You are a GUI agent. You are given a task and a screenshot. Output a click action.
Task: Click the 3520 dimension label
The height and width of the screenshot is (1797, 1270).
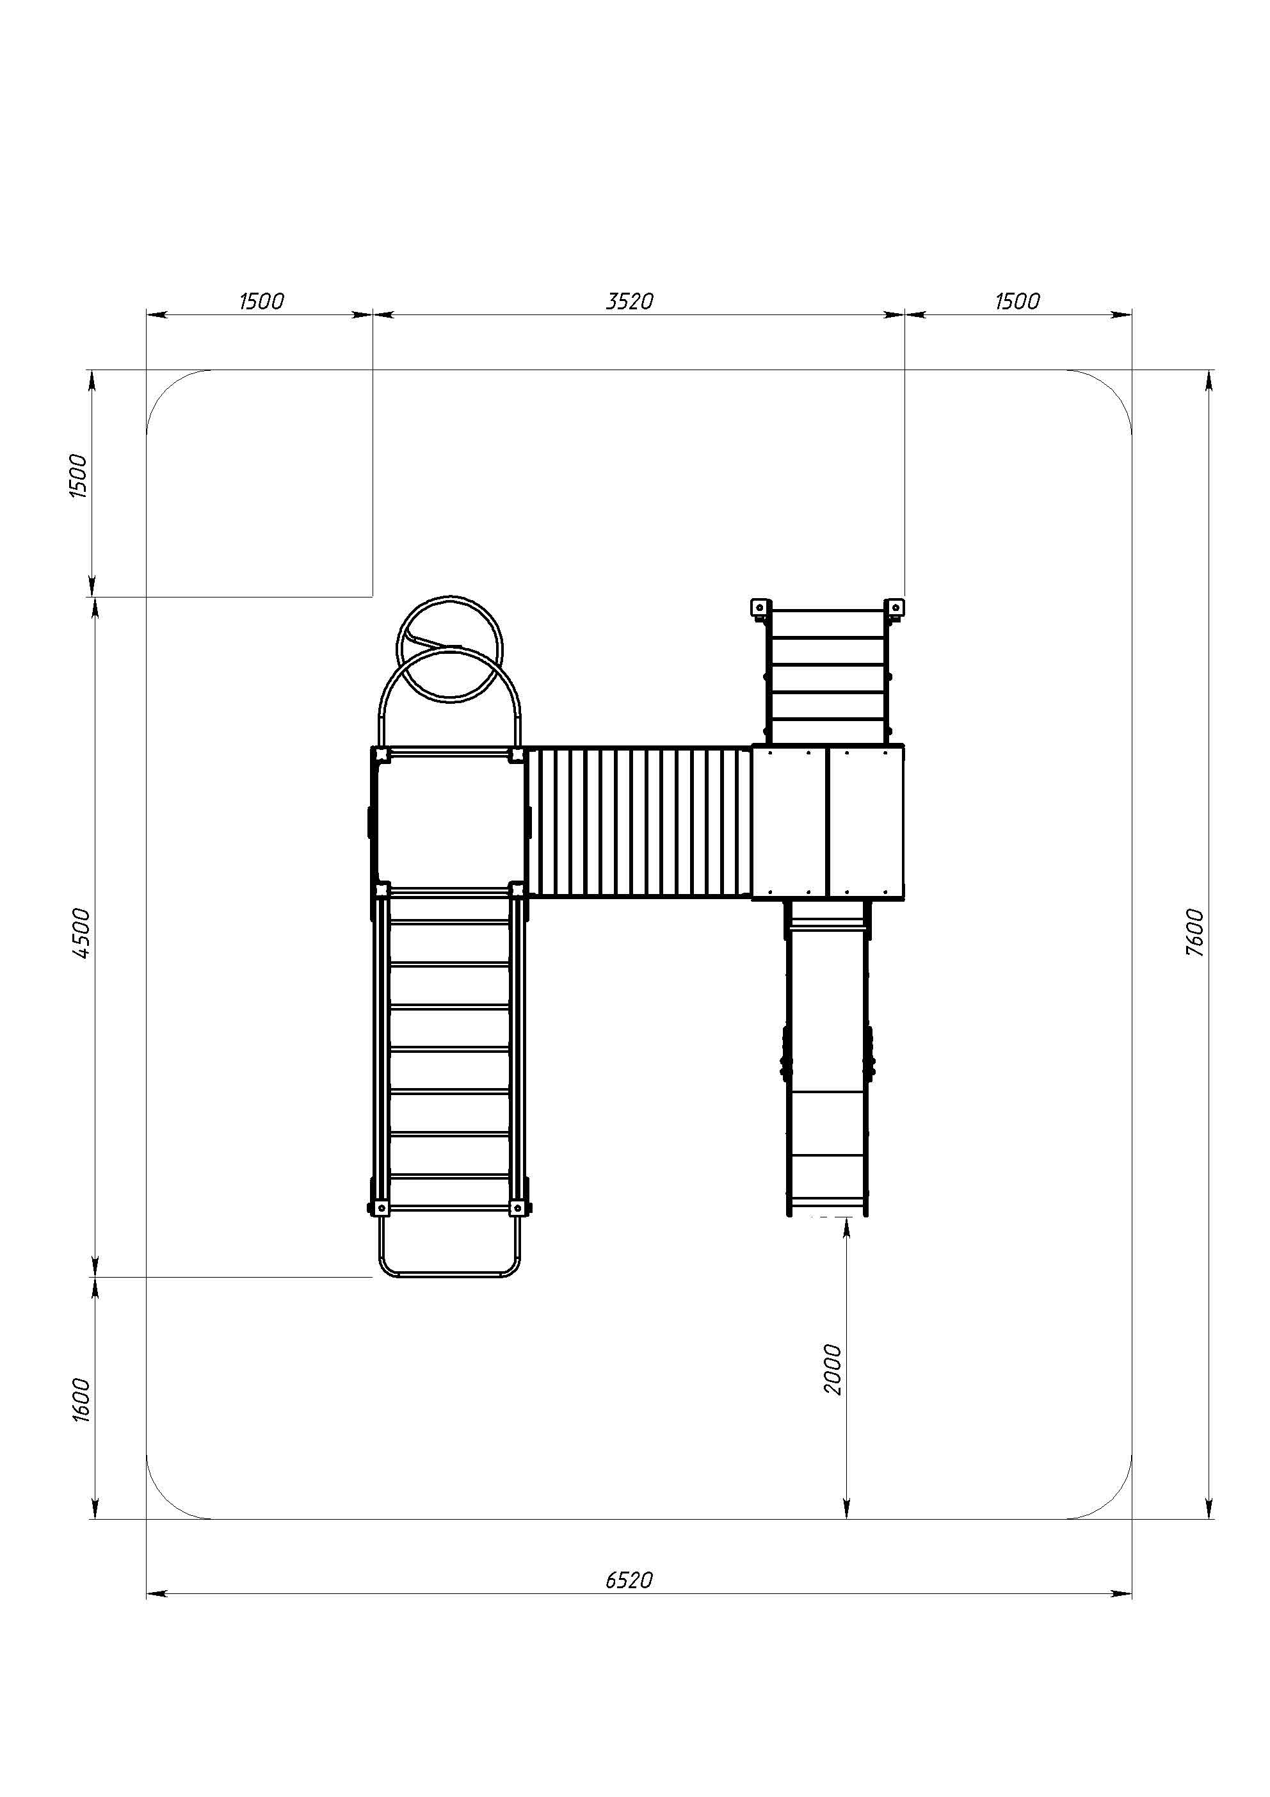tap(629, 302)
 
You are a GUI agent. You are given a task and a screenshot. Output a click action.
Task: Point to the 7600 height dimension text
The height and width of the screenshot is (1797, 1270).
tap(1194, 932)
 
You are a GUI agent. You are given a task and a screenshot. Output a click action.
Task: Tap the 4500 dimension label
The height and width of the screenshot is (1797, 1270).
tap(81, 933)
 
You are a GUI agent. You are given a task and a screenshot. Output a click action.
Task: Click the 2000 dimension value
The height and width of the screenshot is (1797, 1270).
tap(833, 1369)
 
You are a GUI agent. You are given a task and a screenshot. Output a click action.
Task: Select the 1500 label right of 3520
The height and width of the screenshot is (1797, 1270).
tap(1017, 302)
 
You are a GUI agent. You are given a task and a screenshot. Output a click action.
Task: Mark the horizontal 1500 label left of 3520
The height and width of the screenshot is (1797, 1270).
tap(261, 302)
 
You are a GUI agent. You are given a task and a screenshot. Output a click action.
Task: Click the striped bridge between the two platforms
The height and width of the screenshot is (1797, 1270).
tap(639, 821)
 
